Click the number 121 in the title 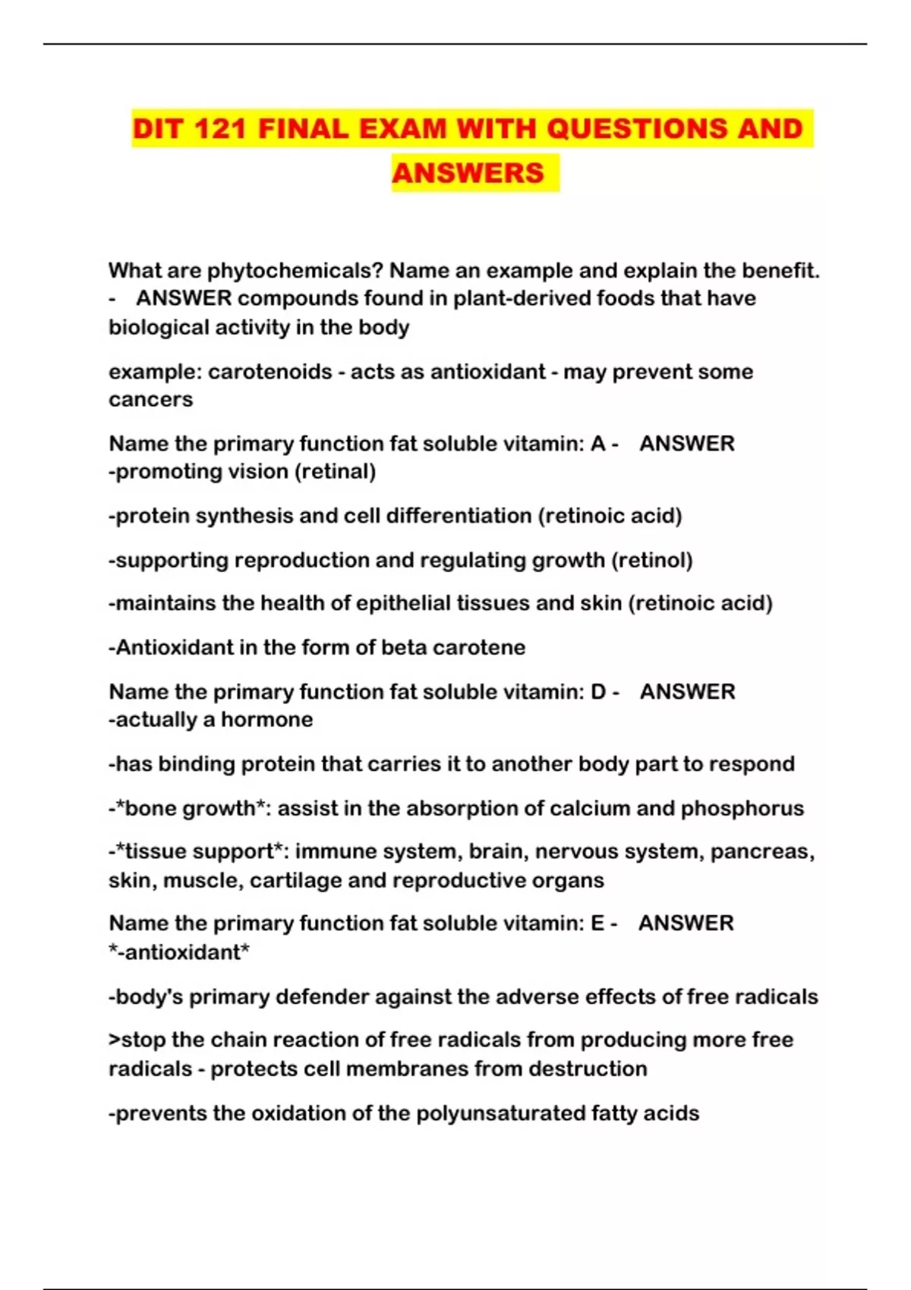tap(219, 128)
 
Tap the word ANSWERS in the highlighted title tap(468, 173)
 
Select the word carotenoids tap(270, 372)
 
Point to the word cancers tap(150, 400)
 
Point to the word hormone tap(266, 719)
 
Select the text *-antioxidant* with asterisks tap(179, 952)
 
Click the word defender tap(322, 996)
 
